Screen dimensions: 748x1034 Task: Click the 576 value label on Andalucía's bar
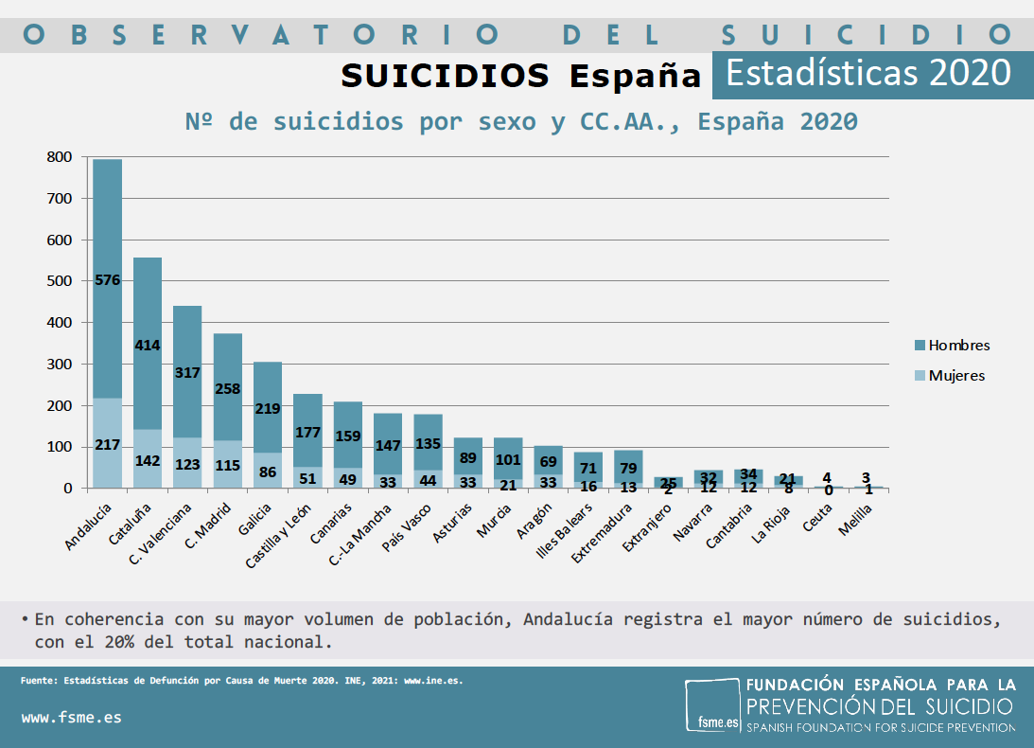[107, 279]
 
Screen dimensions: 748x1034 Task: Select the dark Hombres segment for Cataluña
[147, 312]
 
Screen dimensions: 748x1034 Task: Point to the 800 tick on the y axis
[60, 157]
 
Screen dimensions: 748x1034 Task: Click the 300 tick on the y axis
[60, 364]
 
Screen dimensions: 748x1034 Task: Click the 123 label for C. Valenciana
[187, 465]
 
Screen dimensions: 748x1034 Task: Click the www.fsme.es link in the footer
[71, 717]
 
